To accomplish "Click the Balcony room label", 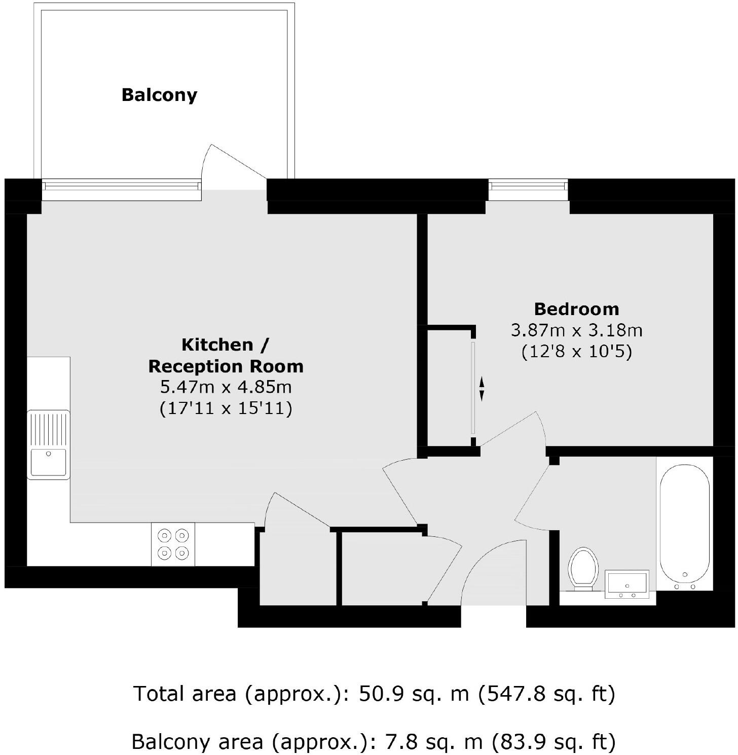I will click(x=159, y=95).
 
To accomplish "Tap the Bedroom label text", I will click(x=576, y=309).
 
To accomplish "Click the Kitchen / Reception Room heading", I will click(x=226, y=355).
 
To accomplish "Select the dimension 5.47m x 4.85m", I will click(x=226, y=387).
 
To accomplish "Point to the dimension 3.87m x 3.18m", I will click(x=576, y=330).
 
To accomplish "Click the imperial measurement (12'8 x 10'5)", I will click(x=576, y=352).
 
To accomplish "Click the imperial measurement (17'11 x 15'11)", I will click(x=226, y=408).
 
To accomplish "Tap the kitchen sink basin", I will click(x=49, y=462).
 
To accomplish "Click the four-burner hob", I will click(x=173, y=544).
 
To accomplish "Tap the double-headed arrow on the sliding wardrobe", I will click(x=482, y=389).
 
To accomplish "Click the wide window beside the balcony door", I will click(x=122, y=190).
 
